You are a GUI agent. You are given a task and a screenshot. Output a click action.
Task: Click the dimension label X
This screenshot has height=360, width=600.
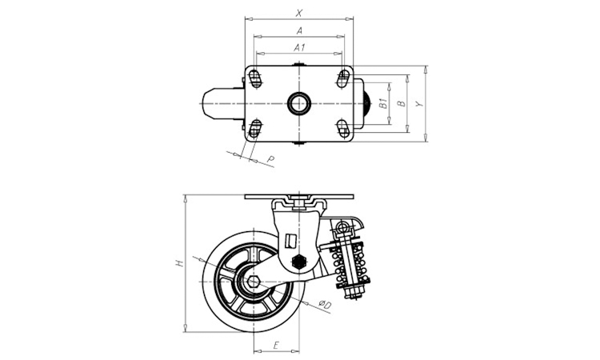click(299, 13)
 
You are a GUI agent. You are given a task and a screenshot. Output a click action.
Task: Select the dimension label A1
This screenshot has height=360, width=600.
click(299, 48)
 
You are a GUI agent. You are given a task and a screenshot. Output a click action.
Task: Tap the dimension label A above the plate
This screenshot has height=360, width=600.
click(300, 30)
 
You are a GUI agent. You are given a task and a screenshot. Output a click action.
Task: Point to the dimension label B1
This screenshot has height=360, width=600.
click(383, 103)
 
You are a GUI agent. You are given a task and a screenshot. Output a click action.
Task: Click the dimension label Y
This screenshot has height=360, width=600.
click(420, 104)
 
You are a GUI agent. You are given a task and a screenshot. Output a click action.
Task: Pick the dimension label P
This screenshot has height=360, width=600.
click(270, 159)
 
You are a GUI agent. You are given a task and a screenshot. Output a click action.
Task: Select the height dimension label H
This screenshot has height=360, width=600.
click(178, 263)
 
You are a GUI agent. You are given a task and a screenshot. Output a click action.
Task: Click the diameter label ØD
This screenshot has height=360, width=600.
click(325, 305)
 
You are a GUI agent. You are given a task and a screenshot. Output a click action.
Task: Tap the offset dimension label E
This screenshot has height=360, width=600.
click(276, 346)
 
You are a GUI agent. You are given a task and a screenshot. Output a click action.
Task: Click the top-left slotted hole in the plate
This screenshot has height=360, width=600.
click(255, 78)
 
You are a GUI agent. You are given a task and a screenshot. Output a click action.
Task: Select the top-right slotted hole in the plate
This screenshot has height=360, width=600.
click(343, 78)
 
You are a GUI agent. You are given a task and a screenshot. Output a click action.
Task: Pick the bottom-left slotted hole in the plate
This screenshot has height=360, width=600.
click(255, 129)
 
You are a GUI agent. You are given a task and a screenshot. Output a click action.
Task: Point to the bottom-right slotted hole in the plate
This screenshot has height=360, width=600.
click(343, 129)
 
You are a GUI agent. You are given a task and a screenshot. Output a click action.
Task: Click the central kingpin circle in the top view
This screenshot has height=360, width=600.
click(298, 103)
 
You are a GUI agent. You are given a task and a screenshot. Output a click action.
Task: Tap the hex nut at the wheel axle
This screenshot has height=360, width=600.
click(254, 282)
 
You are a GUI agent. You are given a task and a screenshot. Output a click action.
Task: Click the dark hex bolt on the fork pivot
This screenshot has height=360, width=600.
click(298, 262)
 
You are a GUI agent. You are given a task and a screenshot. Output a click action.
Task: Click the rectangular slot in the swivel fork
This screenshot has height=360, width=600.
click(291, 242)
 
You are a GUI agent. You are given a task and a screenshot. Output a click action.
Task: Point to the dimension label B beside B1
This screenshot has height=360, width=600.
click(401, 103)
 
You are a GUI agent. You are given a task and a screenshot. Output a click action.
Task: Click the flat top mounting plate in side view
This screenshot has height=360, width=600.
click(299, 197)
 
